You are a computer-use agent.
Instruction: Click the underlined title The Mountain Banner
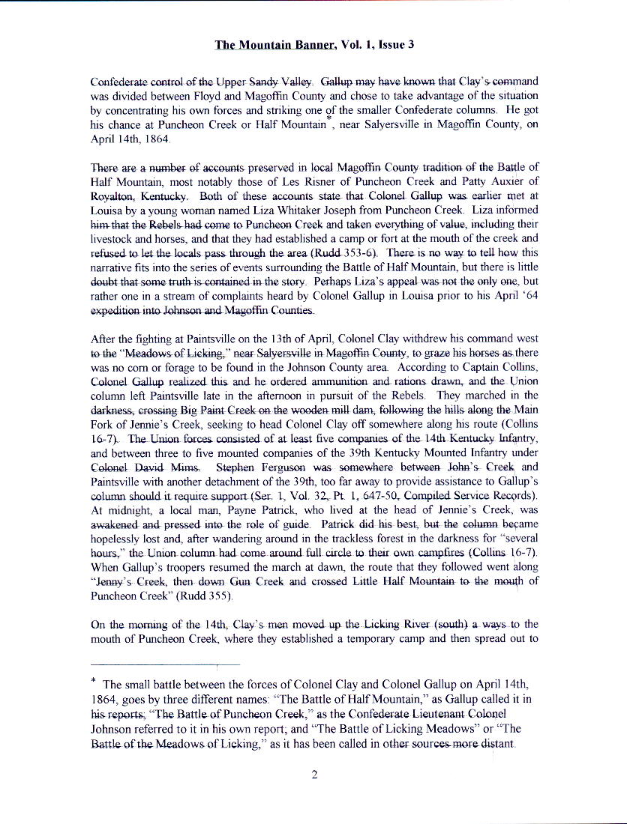275,45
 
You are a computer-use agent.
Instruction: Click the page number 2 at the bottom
315,775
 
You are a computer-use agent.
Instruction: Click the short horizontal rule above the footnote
165,664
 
